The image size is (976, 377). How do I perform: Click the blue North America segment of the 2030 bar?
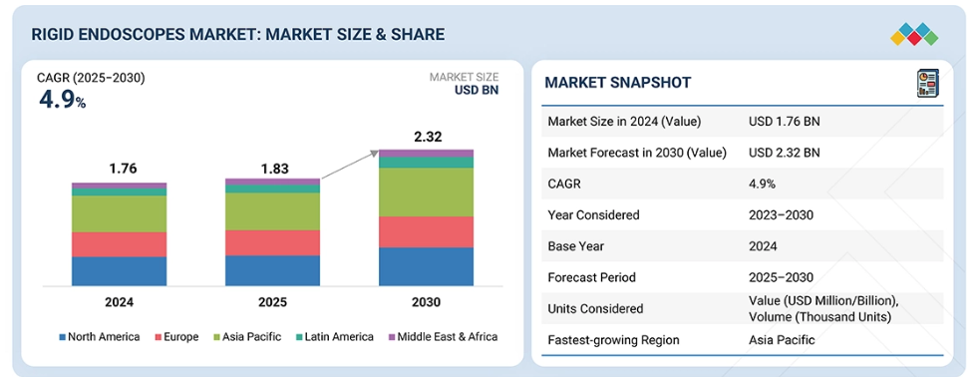426,266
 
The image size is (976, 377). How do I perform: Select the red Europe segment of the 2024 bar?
119,244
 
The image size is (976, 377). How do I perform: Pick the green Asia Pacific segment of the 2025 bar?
272,211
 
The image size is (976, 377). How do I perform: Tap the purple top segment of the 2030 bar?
426,154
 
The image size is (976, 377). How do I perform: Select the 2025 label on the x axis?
272,302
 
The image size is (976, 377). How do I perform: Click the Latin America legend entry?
334,337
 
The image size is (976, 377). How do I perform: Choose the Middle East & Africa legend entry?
443,337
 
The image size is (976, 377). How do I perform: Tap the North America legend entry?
99,337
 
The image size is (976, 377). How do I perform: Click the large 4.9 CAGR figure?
58,99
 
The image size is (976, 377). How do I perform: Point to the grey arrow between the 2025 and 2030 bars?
351,165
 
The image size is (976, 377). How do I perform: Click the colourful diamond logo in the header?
914,34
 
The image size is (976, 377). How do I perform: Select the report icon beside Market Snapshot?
927,83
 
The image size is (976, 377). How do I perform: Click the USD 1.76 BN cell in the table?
785,122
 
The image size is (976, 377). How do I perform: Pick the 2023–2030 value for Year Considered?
781,215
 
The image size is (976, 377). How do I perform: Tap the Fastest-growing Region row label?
614,340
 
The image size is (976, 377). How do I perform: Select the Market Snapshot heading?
617,82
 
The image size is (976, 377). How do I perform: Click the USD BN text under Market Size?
477,91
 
